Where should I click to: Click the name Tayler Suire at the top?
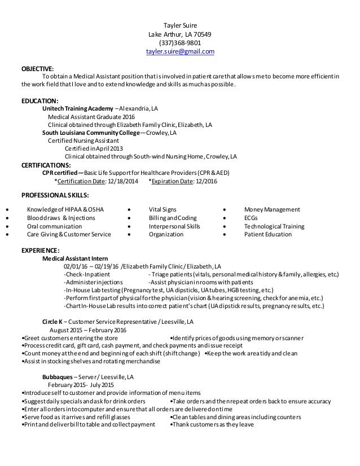(180, 24)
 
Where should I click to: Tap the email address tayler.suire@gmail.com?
(180, 51)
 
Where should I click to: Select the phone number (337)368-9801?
(180, 42)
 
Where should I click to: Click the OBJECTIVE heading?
(37, 68)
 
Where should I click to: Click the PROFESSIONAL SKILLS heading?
(55, 195)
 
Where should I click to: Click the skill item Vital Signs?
(163, 209)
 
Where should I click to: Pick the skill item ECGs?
(251, 218)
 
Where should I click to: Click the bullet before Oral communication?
(6, 226)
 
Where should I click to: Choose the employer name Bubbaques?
(58, 377)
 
